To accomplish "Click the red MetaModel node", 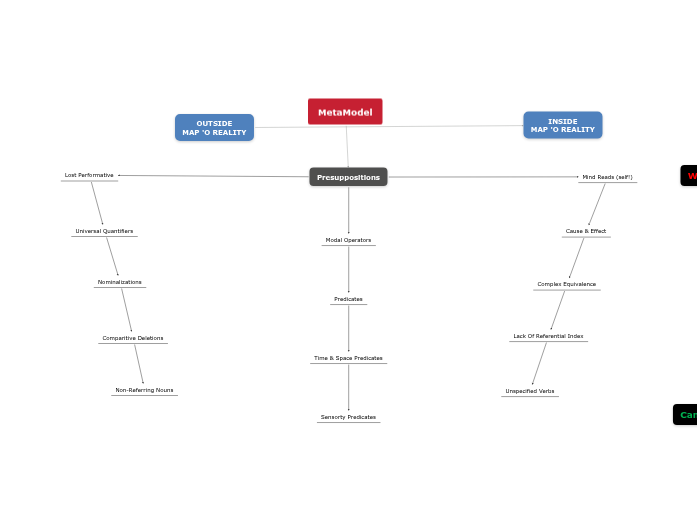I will pyautogui.click(x=345, y=112).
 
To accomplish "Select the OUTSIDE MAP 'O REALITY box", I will pyautogui.click(x=214, y=128).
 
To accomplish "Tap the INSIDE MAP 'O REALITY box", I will pyautogui.click(x=562, y=125).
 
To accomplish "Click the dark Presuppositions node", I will pyautogui.click(x=348, y=177).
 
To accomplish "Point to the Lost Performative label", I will pyautogui.click(x=89, y=175).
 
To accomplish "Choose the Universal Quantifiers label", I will pyautogui.click(x=104, y=231).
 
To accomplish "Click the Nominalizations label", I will pyautogui.click(x=120, y=282).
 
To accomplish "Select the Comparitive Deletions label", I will pyautogui.click(x=133, y=338).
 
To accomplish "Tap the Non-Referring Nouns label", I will pyautogui.click(x=144, y=390).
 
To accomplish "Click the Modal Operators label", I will pyautogui.click(x=348, y=240).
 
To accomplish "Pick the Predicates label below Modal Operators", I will pyautogui.click(x=348, y=299).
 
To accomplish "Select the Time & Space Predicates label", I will pyautogui.click(x=348, y=358).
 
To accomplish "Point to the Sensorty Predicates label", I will pyautogui.click(x=348, y=417).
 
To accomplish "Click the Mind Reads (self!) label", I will pyautogui.click(x=607, y=177).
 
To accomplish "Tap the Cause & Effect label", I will pyautogui.click(x=586, y=231).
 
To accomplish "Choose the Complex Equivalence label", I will pyautogui.click(x=566, y=284).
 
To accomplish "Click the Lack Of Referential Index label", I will pyautogui.click(x=548, y=336).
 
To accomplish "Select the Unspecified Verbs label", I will pyautogui.click(x=530, y=391).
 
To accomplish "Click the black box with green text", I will pyautogui.click(x=686, y=415).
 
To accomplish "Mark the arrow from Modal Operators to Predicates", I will pyautogui.click(x=348, y=269).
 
